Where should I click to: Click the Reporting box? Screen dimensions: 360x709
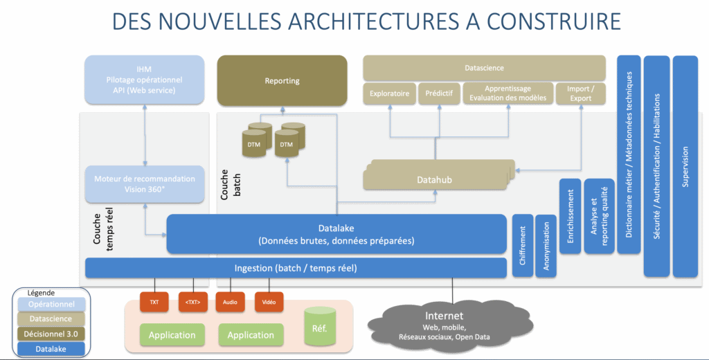(x=282, y=81)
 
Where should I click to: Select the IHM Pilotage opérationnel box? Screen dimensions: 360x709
(x=144, y=80)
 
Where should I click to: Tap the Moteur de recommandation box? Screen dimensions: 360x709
(x=144, y=183)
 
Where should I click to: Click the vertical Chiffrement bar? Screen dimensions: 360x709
(x=522, y=246)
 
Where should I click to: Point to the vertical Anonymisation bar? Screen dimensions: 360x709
(x=545, y=246)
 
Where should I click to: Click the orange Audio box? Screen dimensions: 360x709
(x=230, y=302)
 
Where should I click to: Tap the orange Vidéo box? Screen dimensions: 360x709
(x=269, y=302)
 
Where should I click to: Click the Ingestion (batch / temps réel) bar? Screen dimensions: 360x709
(x=296, y=267)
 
